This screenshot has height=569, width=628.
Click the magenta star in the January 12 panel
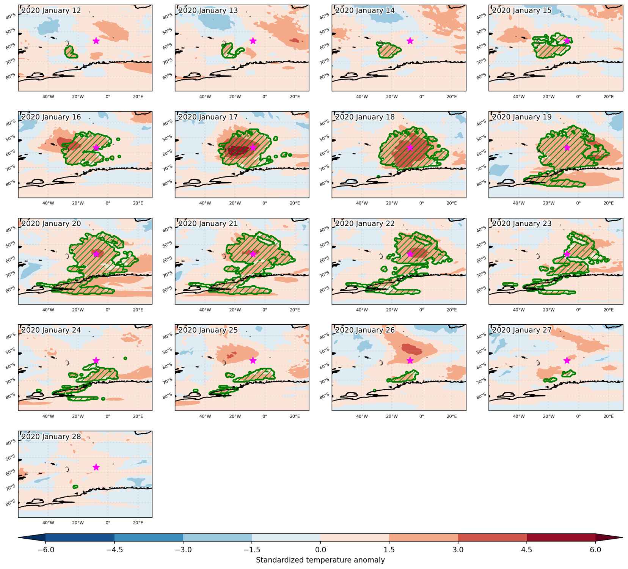tap(96, 41)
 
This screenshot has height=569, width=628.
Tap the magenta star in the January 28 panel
tap(96, 467)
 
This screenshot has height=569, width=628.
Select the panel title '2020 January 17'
tap(208, 117)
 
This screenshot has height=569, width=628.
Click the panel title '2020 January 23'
tap(522, 223)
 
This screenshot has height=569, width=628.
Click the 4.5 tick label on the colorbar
tap(527, 550)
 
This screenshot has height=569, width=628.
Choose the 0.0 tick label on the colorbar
tap(320, 550)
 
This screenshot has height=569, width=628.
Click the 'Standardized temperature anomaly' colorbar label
tap(320, 560)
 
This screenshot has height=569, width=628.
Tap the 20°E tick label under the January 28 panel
tap(138, 523)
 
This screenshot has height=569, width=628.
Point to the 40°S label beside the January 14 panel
tap(325, 17)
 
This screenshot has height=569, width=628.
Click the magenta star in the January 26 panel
tap(410, 360)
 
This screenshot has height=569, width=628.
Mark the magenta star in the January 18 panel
tap(410, 147)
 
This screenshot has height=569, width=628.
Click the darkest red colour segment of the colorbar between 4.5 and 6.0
tap(561, 537)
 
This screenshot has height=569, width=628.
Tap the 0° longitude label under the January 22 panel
tap(422, 310)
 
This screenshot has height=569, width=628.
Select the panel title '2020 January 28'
tap(51, 437)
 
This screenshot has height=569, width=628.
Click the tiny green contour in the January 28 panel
tap(75, 487)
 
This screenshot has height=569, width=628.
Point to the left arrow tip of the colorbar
tap(19, 537)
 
